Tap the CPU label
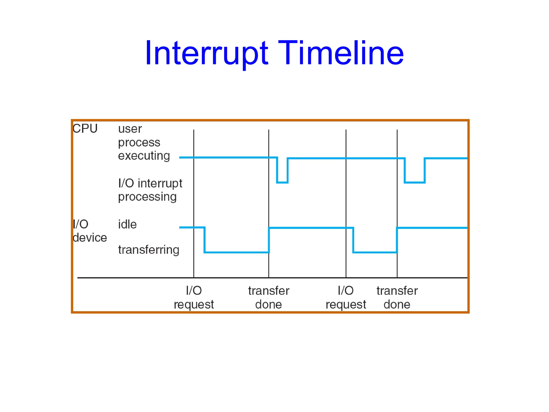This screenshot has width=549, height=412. (85, 128)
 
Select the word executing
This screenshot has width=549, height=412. (144, 156)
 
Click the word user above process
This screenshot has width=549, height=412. (130, 129)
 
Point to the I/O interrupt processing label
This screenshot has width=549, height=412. (150, 190)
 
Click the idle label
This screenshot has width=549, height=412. (127, 224)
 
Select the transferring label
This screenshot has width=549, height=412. (149, 250)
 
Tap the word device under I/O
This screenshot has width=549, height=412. (90, 238)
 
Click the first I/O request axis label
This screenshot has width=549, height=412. (194, 297)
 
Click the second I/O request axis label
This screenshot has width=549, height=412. (346, 297)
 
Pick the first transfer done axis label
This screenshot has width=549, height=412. (269, 297)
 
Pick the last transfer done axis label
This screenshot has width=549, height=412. (397, 297)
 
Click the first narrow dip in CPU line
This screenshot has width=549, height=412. (282, 182)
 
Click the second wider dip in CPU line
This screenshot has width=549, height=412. (414, 182)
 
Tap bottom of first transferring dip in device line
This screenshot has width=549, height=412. (237, 252)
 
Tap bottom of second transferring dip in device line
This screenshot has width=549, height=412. (375, 252)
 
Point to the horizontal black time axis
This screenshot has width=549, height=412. (134, 278)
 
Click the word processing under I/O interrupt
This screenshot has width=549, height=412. (147, 197)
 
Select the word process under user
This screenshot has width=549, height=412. (139, 142)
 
